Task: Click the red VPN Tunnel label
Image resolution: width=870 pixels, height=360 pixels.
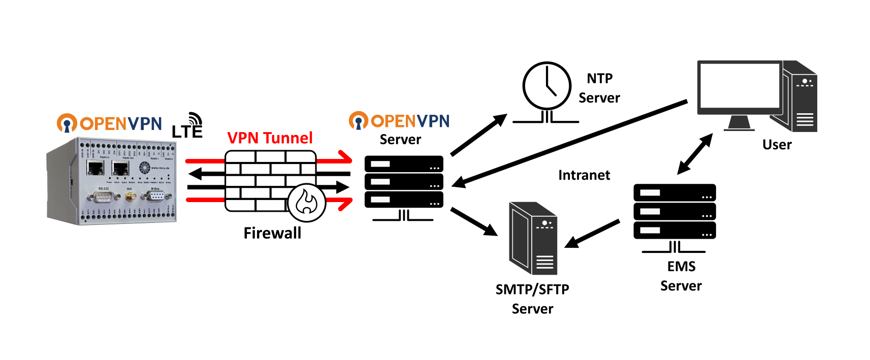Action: (x=270, y=138)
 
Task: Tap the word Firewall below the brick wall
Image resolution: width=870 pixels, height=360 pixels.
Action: (x=272, y=233)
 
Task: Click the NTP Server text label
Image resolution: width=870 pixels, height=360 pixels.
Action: (x=599, y=88)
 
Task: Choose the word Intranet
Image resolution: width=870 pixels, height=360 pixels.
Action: (x=584, y=175)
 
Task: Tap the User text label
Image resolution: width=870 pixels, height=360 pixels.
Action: (x=777, y=145)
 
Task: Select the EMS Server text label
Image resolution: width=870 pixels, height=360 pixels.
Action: (x=681, y=276)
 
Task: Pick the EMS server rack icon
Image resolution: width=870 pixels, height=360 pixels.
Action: (x=674, y=211)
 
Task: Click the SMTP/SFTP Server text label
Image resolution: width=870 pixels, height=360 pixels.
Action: (x=532, y=299)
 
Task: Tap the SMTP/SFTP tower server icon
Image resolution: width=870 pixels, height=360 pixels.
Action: (x=533, y=239)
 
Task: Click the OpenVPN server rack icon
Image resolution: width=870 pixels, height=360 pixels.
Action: (x=404, y=182)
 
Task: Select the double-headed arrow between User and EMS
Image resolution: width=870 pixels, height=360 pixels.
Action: (x=695, y=154)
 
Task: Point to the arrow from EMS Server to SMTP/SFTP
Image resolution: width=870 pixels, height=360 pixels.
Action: (x=592, y=234)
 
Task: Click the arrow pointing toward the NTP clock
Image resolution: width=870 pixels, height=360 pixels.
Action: (x=478, y=135)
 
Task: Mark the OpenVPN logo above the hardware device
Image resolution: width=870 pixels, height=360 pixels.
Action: (x=109, y=123)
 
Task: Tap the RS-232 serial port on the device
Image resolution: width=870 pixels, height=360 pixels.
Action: (x=104, y=196)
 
